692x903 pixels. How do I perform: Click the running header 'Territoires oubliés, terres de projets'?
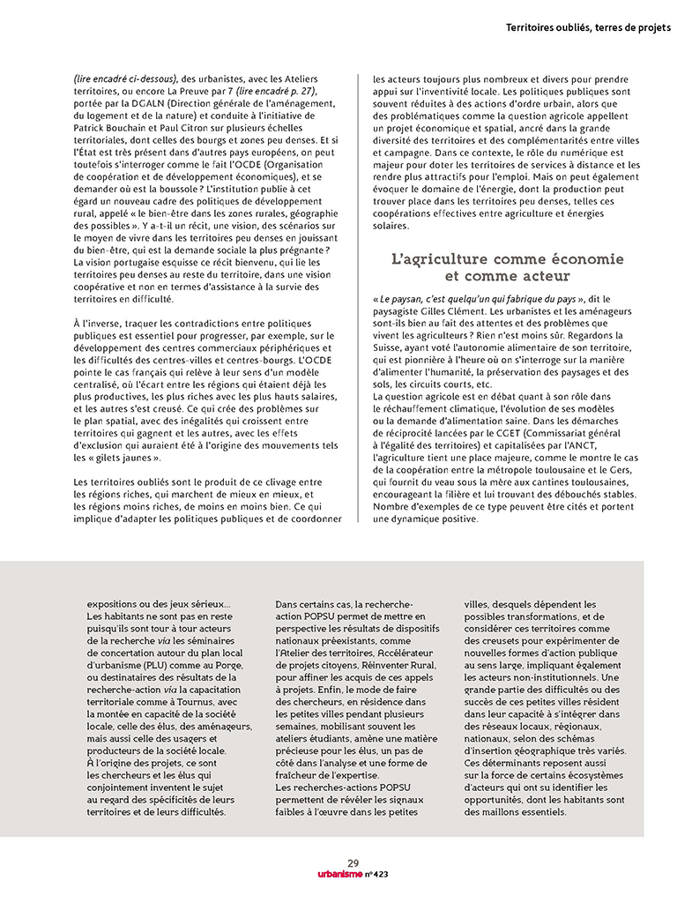pos(588,27)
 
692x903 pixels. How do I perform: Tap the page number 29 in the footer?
pos(353,863)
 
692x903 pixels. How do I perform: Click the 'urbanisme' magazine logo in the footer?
pos(331,875)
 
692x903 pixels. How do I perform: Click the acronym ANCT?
pos(580,447)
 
